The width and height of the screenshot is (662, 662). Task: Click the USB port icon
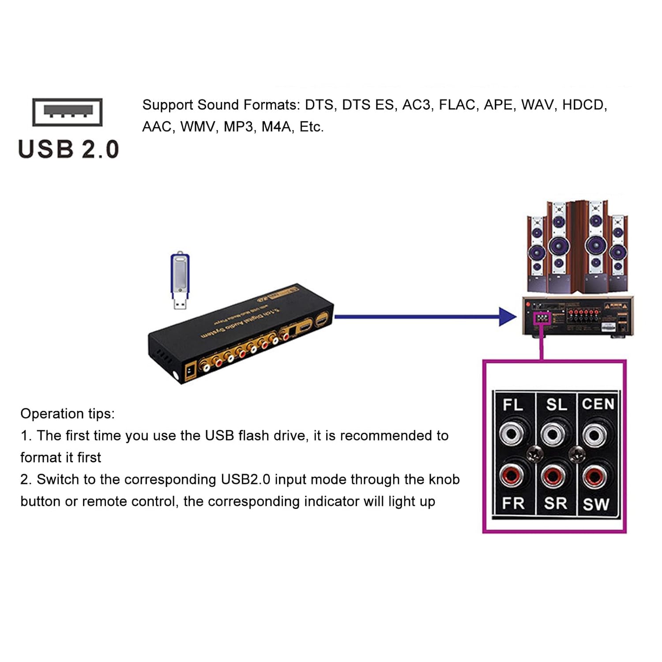pyautogui.click(x=68, y=112)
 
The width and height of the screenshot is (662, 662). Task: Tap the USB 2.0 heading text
pyautogui.click(x=68, y=149)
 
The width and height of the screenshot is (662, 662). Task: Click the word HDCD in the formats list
pyautogui.click(x=584, y=105)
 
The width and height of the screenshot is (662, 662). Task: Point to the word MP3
pyautogui.click(x=239, y=127)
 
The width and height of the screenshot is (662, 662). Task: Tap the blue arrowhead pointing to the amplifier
pyautogui.click(x=507, y=316)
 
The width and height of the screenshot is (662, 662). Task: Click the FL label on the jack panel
pyautogui.click(x=512, y=404)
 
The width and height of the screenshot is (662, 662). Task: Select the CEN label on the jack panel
pyautogui.click(x=598, y=404)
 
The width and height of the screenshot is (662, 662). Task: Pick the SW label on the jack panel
pyautogui.click(x=596, y=504)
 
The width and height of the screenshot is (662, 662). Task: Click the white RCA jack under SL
pyautogui.click(x=553, y=435)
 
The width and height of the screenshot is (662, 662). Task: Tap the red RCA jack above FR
pyautogui.click(x=512, y=476)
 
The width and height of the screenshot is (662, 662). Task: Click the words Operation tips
pyautogui.click(x=68, y=414)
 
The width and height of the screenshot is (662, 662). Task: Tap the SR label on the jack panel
pyautogui.click(x=555, y=504)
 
